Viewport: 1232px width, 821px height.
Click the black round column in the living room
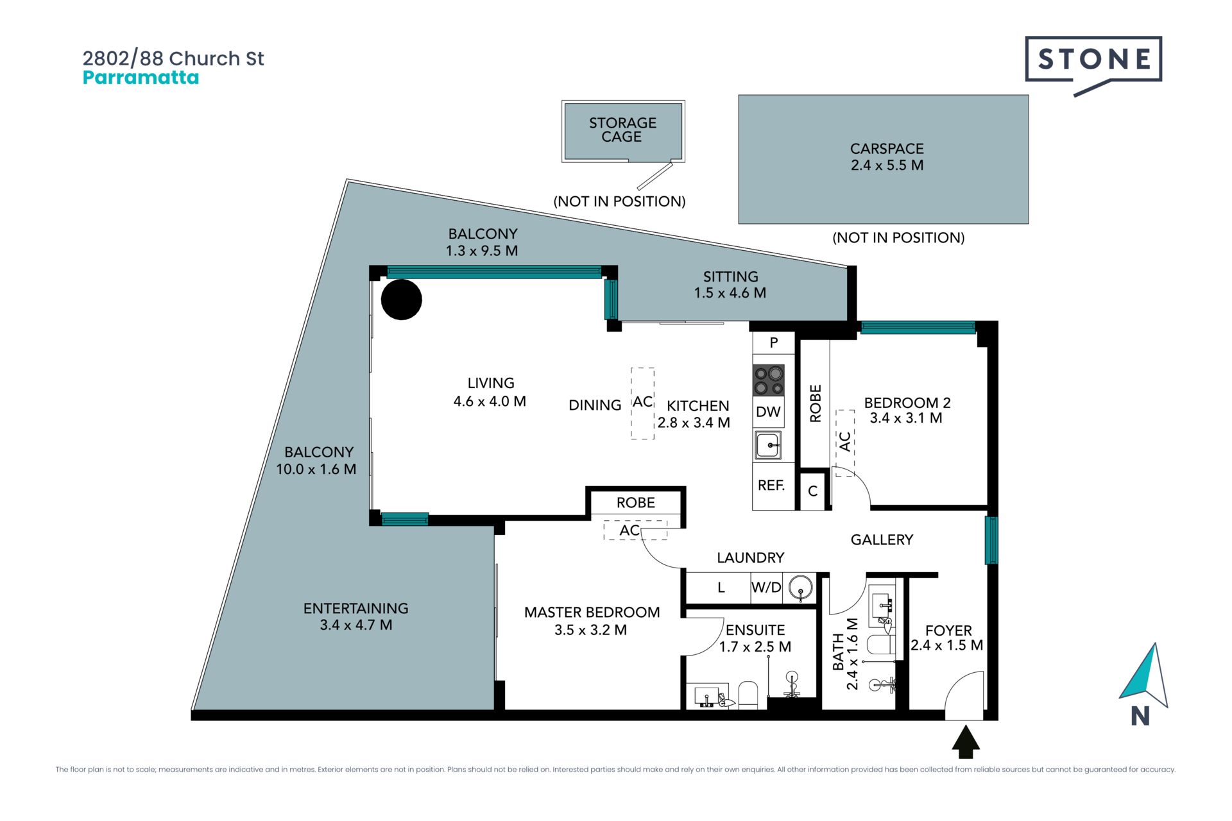click(x=401, y=300)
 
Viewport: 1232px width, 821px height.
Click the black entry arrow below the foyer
click(x=965, y=741)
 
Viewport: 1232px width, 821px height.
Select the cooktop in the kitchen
click(x=768, y=380)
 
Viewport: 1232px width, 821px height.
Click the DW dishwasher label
click(x=768, y=412)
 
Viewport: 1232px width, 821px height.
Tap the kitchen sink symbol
click(x=768, y=445)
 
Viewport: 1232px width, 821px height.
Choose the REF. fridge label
click(x=771, y=486)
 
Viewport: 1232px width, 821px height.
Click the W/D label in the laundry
click(x=766, y=587)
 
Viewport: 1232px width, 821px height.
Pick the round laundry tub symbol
click(x=800, y=587)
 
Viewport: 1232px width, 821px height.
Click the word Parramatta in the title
click(x=141, y=78)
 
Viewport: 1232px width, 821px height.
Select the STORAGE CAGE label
click(x=622, y=130)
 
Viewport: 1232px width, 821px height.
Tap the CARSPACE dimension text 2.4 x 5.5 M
click(x=887, y=165)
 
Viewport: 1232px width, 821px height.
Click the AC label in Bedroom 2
click(x=845, y=441)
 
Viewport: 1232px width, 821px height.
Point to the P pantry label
click(x=774, y=343)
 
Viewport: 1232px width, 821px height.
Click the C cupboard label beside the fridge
click(x=812, y=491)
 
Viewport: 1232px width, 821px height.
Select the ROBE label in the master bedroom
click(x=636, y=503)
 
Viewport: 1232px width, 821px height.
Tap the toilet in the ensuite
click(x=748, y=695)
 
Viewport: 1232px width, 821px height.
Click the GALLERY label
click(x=882, y=540)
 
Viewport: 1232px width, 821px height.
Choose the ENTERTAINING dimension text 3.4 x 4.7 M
click(x=356, y=625)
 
